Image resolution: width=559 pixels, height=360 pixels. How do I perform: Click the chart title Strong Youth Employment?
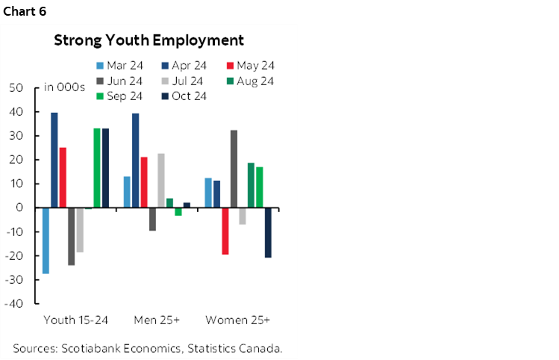click(149, 40)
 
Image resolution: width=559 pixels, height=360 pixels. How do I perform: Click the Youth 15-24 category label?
click(76, 320)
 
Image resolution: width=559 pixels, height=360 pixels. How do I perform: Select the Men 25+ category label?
click(157, 320)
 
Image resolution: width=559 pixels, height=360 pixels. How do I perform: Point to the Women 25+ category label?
click(238, 320)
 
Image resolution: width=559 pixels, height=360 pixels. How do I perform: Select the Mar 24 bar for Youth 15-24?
click(46, 240)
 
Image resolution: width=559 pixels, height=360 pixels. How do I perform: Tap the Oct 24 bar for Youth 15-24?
click(105, 168)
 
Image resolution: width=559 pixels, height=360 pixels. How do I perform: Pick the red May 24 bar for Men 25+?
click(144, 182)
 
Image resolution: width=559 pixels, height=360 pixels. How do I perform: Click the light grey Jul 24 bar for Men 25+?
click(161, 180)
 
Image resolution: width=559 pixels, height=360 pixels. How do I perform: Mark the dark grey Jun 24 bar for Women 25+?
click(234, 169)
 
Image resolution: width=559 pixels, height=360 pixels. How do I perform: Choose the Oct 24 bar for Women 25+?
click(268, 232)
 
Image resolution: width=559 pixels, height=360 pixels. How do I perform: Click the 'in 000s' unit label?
click(65, 88)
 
